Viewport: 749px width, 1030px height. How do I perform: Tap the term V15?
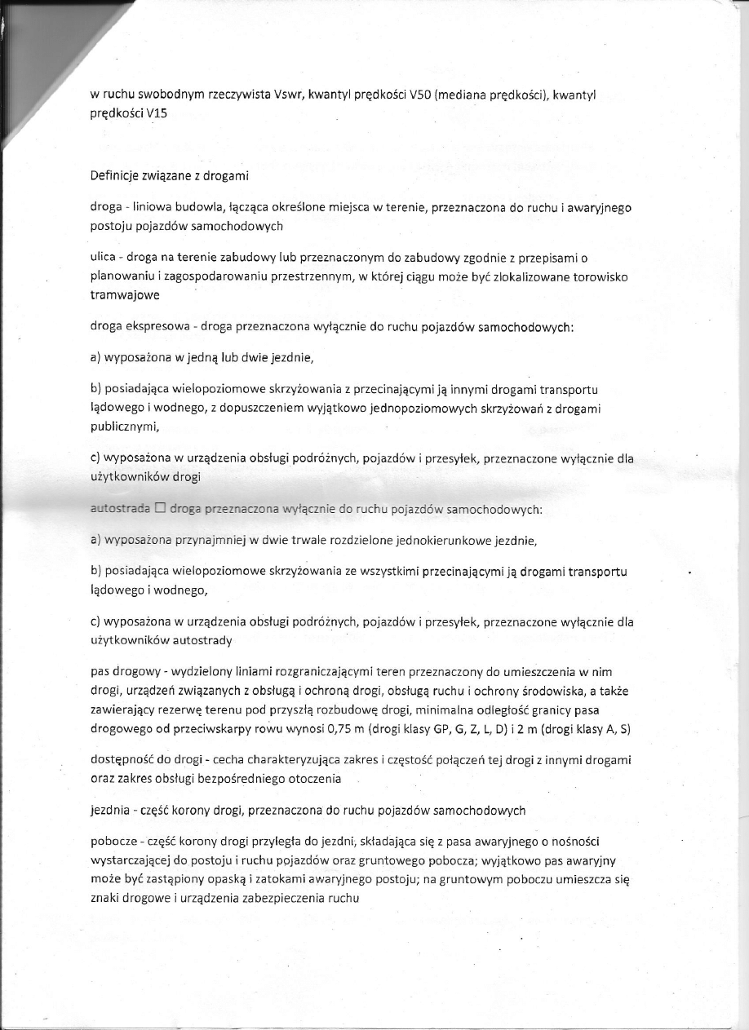(155, 114)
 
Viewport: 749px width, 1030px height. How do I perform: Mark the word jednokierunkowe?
(468, 540)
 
